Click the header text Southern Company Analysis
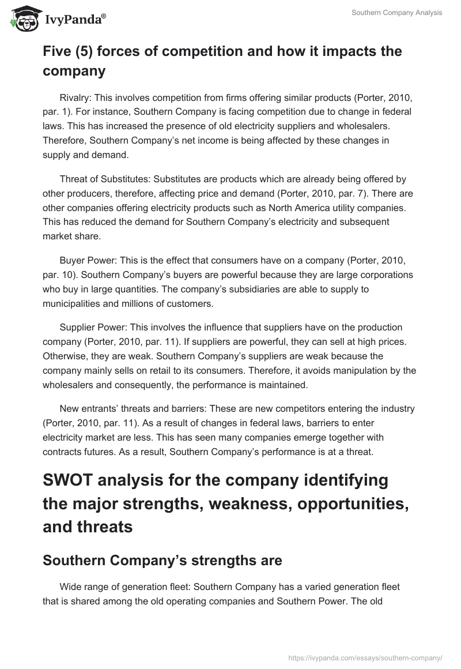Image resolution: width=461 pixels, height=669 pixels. click(397, 13)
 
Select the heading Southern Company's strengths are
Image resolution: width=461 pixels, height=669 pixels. click(162, 561)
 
